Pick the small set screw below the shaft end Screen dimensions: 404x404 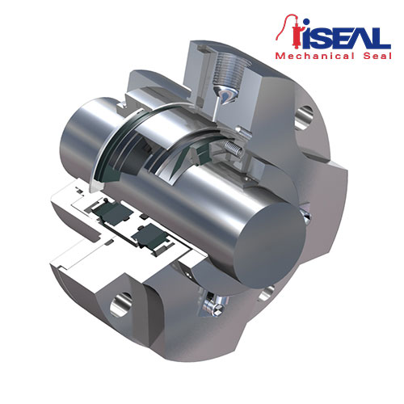214,304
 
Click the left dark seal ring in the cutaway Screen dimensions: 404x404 108,213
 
